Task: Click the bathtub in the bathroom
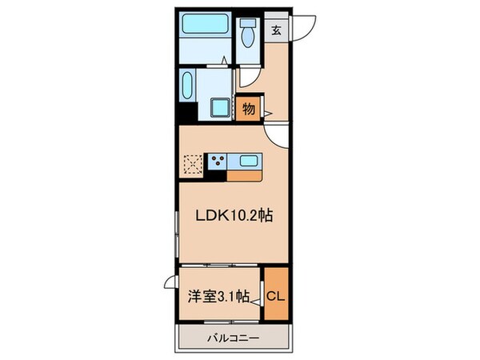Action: click(x=205, y=24)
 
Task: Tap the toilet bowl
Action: click(x=248, y=38)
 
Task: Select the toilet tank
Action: click(x=248, y=22)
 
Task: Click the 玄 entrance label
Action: click(x=277, y=30)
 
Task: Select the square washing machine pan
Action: click(x=219, y=108)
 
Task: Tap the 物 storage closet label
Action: click(x=249, y=109)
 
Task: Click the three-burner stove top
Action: click(x=218, y=161)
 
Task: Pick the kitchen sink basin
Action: click(x=248, y=161)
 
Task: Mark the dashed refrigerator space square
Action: click(x=193, y=164)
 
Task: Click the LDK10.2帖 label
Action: click(x=234, y=216)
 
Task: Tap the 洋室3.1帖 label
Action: click(x=218, y=297)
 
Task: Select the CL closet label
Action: click(x=275, y=296)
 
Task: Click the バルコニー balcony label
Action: click(x=234, y=338)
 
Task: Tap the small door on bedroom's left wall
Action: click(x=171, y=282)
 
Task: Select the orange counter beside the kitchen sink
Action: click(x=244, y=176)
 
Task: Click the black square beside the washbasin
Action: click(x=188, y=113)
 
